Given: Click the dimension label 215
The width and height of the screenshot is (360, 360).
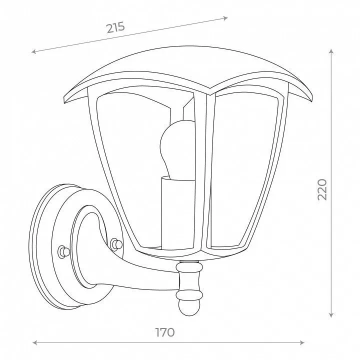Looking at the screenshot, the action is point(115,27).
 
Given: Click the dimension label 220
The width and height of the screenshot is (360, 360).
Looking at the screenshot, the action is point(322,189).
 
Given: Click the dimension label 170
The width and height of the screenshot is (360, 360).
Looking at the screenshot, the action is point(165,332).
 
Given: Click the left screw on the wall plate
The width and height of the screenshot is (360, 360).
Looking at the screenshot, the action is point(63,252).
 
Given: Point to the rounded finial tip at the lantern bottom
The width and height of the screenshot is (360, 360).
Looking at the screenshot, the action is point(189,307).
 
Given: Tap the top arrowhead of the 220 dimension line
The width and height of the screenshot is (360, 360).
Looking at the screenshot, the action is point(331,51).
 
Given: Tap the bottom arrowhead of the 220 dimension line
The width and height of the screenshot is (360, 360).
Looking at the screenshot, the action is point(331,315).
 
